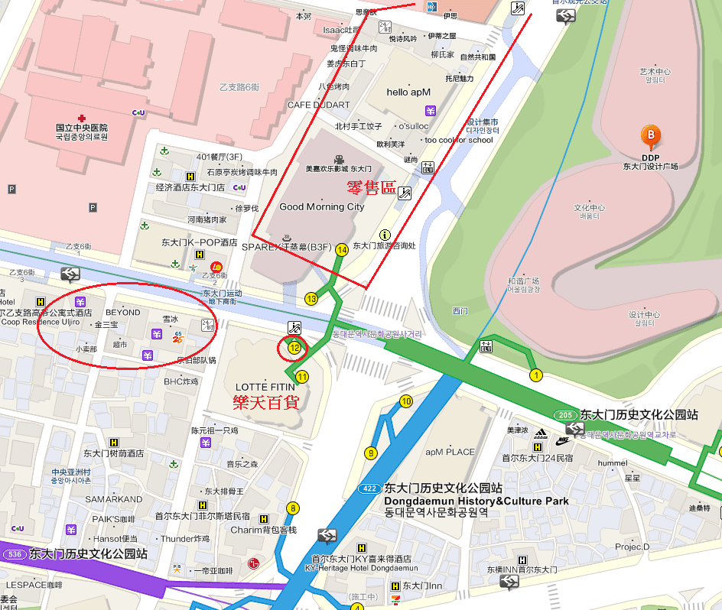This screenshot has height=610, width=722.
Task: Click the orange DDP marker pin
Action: (651, 136)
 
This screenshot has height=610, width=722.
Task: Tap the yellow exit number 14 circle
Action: (342, 250)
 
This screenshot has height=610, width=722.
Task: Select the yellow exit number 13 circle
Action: (311, 299)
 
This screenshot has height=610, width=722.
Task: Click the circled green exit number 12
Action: (294, 348)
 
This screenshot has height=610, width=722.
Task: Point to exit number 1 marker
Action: (536, 375)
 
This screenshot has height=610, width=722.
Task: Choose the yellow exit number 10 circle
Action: (406, 401)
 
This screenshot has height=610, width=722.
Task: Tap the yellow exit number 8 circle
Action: (293, 508)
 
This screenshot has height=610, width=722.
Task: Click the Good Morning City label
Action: (322, 206)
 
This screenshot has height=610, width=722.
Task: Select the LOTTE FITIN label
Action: (265, 387)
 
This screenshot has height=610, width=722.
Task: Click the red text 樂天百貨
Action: (265, 402)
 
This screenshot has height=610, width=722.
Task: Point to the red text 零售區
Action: (371, 187)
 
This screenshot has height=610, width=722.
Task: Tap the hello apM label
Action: (408, 92)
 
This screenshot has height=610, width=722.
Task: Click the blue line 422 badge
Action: (369, 488)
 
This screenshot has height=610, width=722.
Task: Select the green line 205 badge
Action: (566, 414)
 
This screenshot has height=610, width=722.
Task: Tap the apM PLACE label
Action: (450, 452)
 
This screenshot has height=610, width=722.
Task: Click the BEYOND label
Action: (123, 312)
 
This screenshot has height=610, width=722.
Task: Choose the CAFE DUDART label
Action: (318, 105)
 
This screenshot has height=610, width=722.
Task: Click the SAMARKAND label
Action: (113, 499)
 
